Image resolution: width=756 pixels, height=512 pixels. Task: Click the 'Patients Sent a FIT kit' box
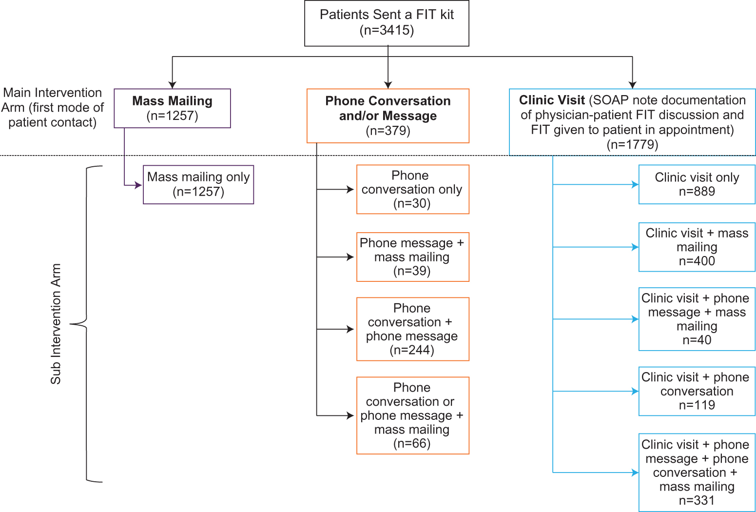[387, 23]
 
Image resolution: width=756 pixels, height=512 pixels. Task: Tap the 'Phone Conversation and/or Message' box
[388, 116]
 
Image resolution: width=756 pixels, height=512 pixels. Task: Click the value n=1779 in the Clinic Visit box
[632, 145]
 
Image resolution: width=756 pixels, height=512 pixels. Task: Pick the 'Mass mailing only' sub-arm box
[198, 184]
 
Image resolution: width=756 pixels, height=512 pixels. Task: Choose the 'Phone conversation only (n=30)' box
[412, 189]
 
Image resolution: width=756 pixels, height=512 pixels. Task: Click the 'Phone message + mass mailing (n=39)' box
[412, 257]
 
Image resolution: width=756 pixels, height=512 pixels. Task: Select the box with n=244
[412, 329]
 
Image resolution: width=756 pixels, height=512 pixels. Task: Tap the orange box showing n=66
[412, 415]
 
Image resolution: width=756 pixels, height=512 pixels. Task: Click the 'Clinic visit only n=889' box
[697, 184]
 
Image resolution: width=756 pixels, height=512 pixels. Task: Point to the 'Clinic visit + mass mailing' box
[697, 247]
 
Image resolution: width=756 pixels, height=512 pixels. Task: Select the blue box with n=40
[697, 319]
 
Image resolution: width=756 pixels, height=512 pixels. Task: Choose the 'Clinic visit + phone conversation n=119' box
[697, 391]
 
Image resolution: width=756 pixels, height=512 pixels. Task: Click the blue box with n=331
[697, 472]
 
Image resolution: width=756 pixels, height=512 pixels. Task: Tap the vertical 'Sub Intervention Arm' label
[56, 324]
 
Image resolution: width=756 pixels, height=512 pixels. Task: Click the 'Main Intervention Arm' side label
[52, 107]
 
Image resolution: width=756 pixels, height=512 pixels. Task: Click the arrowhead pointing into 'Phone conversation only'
[350, 189]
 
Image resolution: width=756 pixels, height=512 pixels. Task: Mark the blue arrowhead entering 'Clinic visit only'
[635, 185]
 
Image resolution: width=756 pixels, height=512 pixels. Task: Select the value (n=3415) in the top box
[387, 30]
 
